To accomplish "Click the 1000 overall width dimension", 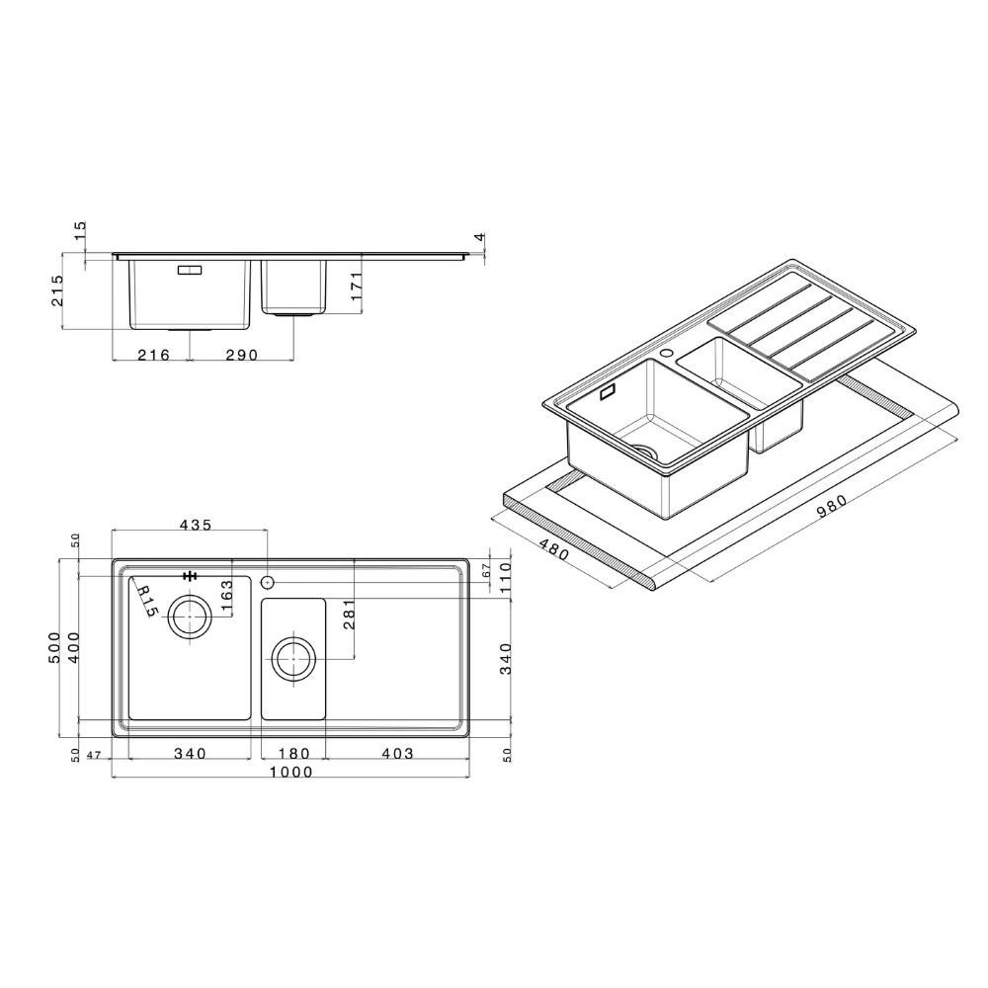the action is coord(290,772).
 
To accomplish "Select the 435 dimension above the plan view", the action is coord(196,525).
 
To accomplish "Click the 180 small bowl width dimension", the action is coord(293,753).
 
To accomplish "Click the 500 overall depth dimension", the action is coord(54,646).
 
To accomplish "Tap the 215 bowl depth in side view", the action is coord(56,289).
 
